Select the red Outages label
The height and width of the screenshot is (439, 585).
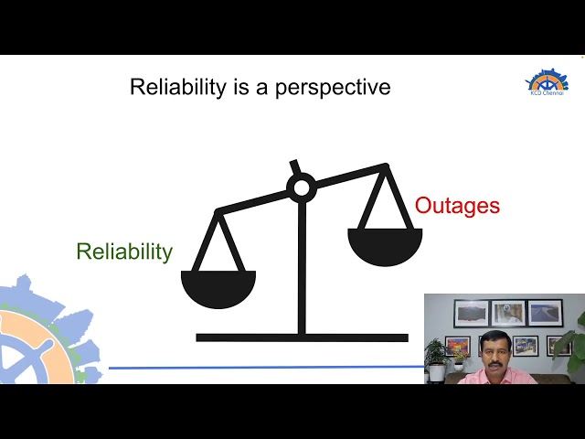pyautogui.click(x=457, y=206)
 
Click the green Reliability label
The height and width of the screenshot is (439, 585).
pyautogui.click(x=124, y=252)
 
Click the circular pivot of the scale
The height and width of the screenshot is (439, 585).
pyautogui.click(x=301, y=188)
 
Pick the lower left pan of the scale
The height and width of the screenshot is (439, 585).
pyautogui.click(x=218, y=287)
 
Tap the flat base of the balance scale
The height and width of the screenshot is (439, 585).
pyautogui.click(x=302, y=337)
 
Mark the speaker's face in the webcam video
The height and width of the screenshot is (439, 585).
pyautogui.click(x=499, y=351)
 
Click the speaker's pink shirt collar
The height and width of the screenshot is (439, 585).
pyautogui.click(x=498, y=373)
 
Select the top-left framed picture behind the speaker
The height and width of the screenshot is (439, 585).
pyautogui.click(x=471, y=313)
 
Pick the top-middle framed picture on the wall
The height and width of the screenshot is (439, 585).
pyautogui.click(x=507, y=313)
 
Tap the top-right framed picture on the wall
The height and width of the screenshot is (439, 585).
pyautogui.click(x=545, y=313)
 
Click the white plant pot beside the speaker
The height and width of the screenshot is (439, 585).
pyautogui.click(x=437, y=373)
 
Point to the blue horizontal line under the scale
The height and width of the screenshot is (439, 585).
pyautogui.click(x=265, y=368)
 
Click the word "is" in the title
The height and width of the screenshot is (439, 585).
pyautogui.click(x=226, y=88)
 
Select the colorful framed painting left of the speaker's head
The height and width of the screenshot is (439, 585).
pyautogui.click(x=457, y=345)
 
